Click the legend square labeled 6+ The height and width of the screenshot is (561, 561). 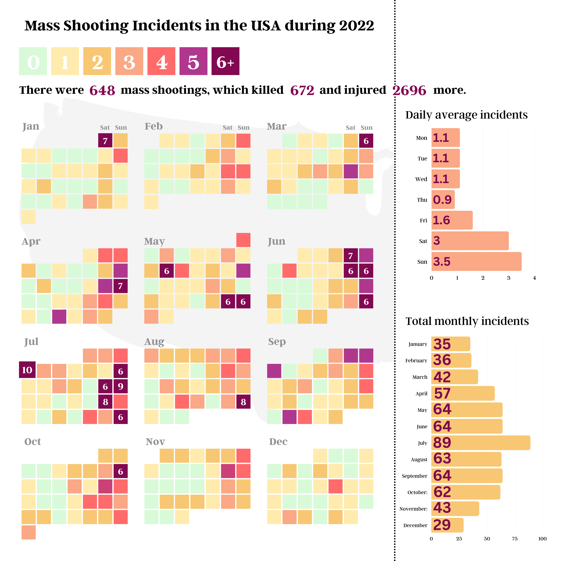(225, 61)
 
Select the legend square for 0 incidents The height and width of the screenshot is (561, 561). (33, 61)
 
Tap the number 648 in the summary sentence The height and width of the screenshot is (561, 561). (102, 90)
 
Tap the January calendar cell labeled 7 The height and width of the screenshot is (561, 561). (105, 141)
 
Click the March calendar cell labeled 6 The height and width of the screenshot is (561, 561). (366, 141)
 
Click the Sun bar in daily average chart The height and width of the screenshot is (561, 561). (476, 261)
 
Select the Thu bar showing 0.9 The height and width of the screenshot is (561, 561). (443, 199)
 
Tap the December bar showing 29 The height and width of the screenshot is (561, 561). (447, 525)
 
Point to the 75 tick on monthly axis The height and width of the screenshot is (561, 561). (515, 539)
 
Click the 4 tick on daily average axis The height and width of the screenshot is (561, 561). (534, 278)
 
